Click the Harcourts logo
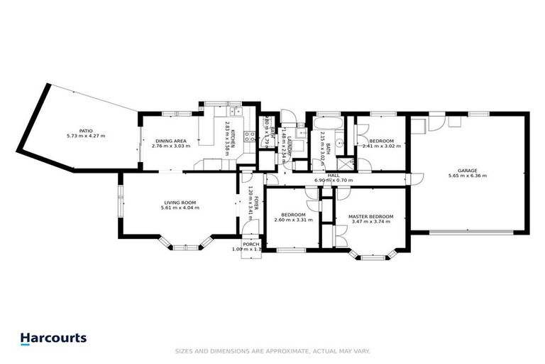(x=53, y=339)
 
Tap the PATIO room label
(x=86, y=130)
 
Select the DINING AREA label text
(x=170, y=141)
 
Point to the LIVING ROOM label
(x=180, y=203)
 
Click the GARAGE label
(x=467, y=170)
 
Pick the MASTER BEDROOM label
(x=370, y=215)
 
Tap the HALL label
(x=334, y=175)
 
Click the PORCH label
(x=251, y=244)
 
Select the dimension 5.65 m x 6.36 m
(x=467, y=176)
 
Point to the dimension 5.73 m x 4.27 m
(x=86, y=136)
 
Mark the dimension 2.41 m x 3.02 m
(x=382, y=146)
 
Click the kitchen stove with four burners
(x=250, y=138)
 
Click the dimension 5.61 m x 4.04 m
(x=180, y=208)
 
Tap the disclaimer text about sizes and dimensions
(x=272, y=351)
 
